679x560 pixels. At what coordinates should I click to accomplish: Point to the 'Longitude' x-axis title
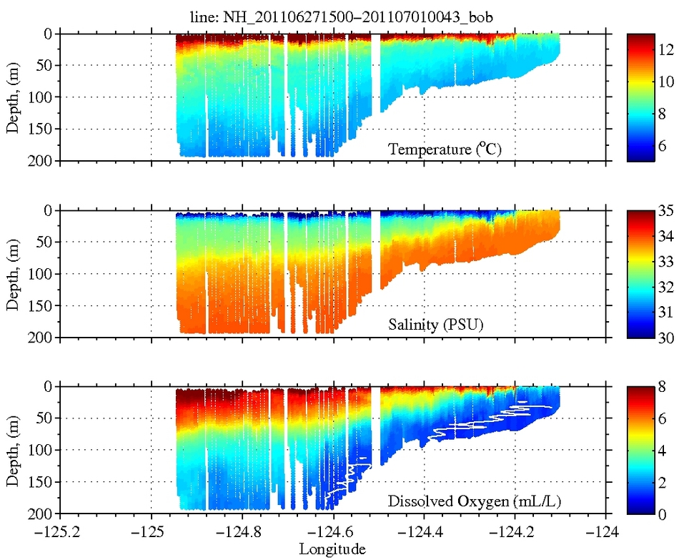pyautogui.click(x=333, y=549)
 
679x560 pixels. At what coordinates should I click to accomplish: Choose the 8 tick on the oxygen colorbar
pyautogui.click(x=658, y=388)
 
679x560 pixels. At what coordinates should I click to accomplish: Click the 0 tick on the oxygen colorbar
pyautogui.click(x=658, y=514)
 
